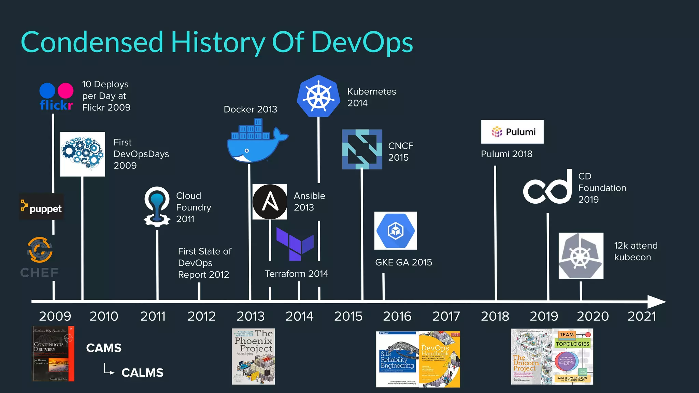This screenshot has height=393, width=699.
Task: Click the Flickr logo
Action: point(56,97)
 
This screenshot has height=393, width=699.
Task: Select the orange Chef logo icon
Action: point(40,250)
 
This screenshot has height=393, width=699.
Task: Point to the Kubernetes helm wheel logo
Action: point(318,96)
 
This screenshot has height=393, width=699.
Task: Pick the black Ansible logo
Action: point(270,202)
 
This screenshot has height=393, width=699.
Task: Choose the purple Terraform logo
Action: point(295,244)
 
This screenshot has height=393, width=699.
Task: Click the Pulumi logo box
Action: point(512,132)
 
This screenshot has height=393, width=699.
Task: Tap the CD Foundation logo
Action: point(547,187)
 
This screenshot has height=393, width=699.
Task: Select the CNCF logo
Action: point(362,149)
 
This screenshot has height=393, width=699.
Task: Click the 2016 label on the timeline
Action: point(397,316)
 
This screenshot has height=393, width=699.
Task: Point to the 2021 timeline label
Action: point(642,316)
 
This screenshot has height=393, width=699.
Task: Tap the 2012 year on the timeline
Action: point(201,316)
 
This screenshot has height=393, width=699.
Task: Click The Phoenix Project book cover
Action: point(253,356)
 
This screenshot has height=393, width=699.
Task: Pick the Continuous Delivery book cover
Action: point(54,354)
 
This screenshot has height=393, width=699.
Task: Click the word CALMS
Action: point(142,373)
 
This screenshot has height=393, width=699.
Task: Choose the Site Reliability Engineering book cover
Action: point(397,359)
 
